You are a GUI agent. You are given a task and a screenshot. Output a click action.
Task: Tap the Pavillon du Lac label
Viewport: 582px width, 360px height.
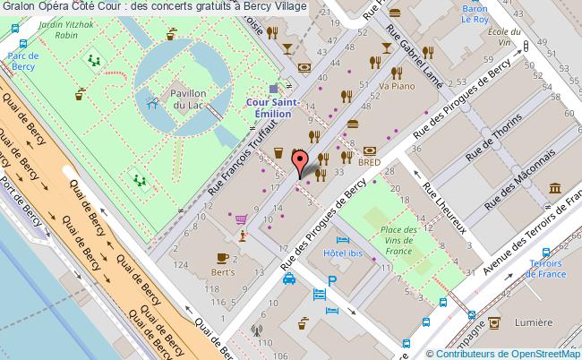[x=191, y=100]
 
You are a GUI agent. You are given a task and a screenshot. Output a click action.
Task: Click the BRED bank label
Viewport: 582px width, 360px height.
[x=369, y=163]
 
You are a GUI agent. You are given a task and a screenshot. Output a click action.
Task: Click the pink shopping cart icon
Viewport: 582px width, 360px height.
[x=240, y=217]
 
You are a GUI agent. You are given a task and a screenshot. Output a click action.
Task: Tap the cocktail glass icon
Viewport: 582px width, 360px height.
[x=386, y=46]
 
